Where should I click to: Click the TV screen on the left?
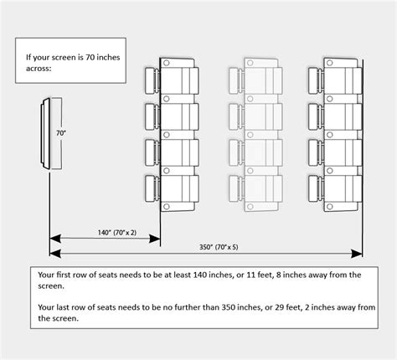(x=49, y=135)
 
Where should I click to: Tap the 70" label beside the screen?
(x=60, y=132)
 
